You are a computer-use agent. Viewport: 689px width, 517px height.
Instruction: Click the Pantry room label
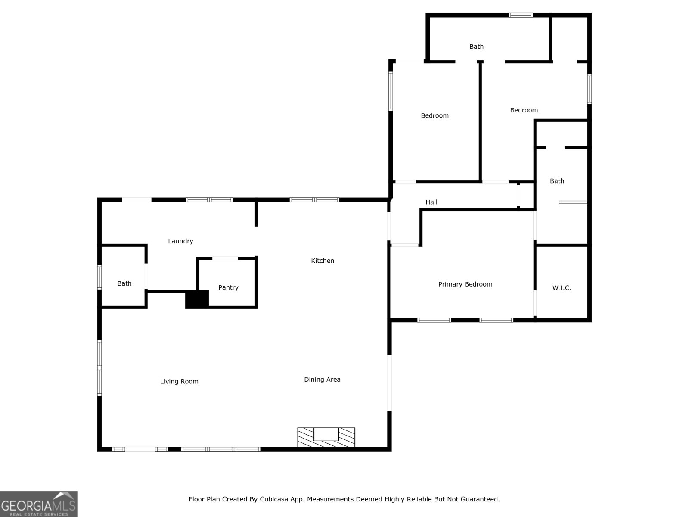pos(228,287)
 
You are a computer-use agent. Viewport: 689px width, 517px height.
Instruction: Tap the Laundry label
pos(180,241)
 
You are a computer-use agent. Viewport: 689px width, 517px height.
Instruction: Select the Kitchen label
pos(323,261)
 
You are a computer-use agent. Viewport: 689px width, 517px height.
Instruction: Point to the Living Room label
pos(179,381)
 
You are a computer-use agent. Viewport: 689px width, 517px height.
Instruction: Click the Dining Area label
pos(322,380)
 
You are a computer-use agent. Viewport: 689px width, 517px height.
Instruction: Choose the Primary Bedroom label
pos(465,284)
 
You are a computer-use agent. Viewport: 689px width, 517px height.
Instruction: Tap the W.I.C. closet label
pos(562,288)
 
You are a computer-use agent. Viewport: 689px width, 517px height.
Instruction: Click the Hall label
pos(431,202)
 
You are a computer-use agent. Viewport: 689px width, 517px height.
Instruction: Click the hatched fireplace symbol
pos(326,437)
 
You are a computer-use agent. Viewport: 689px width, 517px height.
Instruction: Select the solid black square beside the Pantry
pos(197,299)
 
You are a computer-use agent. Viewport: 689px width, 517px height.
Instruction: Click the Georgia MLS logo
pos(38,504)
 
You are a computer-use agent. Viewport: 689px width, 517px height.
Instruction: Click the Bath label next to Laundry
pos(124,283)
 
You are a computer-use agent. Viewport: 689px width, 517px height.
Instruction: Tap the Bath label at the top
pos(476,47)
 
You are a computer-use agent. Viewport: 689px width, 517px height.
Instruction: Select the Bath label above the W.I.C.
pos(557,181)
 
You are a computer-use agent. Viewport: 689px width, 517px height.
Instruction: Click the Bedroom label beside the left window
pos(435,115)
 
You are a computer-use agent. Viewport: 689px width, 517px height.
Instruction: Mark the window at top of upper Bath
pos(521,16)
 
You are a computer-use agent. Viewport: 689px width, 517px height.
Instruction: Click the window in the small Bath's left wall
pos(99,277)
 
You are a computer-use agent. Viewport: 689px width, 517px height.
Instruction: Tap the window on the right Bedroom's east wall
pos(590,89)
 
